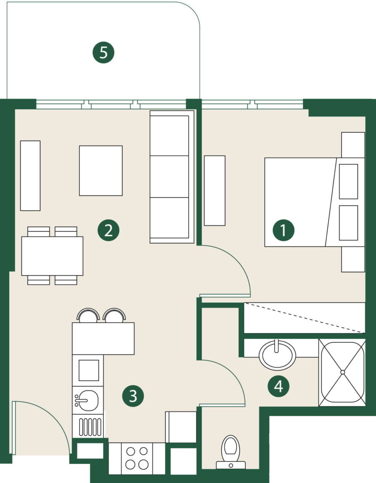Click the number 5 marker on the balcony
[x=104, y=52]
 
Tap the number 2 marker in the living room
[x=109, y=230]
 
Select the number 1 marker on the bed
[x=284, y=230]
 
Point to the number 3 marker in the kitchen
[x=133, y=396]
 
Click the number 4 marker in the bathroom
[x=279, y=386]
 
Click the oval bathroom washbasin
[x=277, y=355]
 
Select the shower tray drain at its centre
[x=343, y=372]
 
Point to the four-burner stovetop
[x=137, y=458]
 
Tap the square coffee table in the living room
[x=100, y=171]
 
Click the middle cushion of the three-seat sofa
[x=169, y=177]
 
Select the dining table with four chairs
[x=52, y=256]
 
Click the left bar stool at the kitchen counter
[x=88, y=315]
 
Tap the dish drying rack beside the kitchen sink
[x=90, y=427]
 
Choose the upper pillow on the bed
[x=348, y=182]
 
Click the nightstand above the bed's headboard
[x=353, y=145]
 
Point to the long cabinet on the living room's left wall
[x=30, y=176]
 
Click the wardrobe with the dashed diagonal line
[x=304, y=318]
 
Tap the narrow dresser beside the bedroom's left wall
[x=214, y=191]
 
